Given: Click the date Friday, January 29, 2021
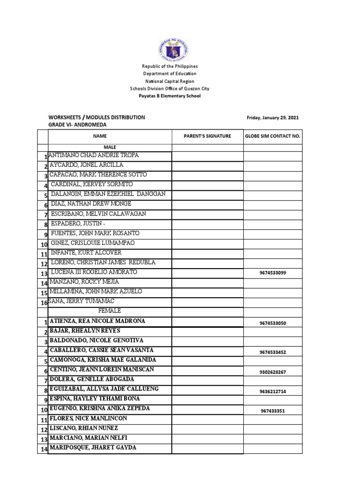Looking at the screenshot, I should [x=273, y=118].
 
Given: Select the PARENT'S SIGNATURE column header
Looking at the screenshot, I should [x=207, y=136].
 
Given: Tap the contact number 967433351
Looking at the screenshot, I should [x=273, y=411].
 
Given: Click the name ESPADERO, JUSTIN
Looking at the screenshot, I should [x=79, y=224].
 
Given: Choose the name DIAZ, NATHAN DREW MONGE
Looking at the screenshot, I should [x=91, y=204].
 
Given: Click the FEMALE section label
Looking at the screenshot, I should [x=110, y=311].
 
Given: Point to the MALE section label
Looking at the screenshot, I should [x=110, y=147].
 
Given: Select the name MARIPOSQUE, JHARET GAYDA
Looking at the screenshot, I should [x=93, y=448].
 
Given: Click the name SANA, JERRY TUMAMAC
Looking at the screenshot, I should [x=78, y=301].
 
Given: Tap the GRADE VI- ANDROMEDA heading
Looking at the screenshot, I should [x=77, y=125].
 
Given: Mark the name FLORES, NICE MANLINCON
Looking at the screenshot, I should [x=88, y=418].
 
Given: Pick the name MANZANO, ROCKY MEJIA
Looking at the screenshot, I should [x=84, y=282].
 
